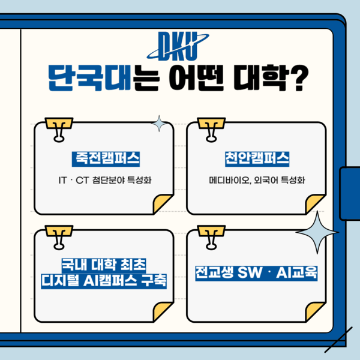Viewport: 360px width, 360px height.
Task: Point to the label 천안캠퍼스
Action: coord(256,159)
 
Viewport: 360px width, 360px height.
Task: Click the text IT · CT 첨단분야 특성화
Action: coord(104,179)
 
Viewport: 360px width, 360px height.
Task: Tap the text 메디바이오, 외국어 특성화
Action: coord(256,179)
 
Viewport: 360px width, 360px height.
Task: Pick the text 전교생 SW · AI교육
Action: coord(256,272)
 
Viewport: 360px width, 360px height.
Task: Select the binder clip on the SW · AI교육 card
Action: coord(211,236)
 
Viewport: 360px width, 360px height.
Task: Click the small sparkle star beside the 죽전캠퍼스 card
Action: coord(160,124)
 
